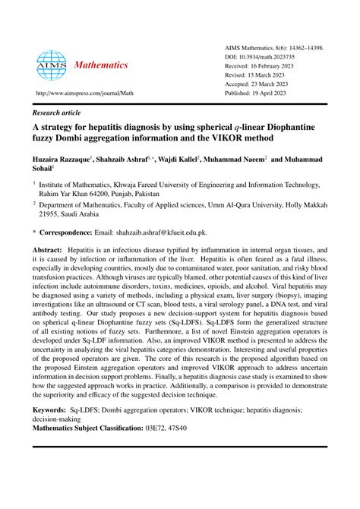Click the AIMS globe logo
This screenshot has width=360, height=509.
point(52,65)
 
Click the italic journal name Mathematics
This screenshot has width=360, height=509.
point(101,65)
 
